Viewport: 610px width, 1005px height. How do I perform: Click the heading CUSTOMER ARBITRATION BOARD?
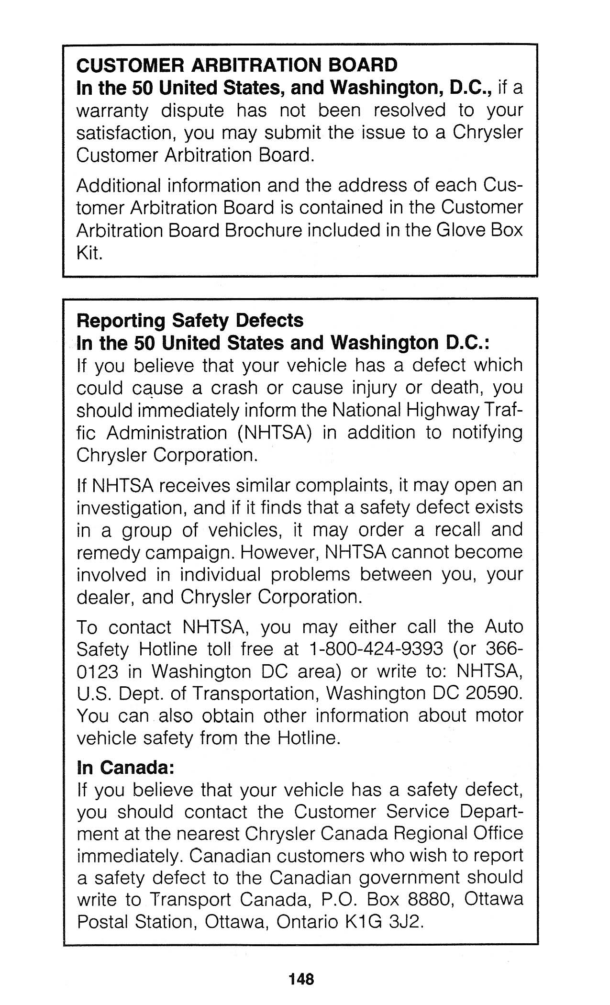click(237, 65)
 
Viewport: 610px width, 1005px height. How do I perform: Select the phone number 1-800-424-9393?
click(376, 649)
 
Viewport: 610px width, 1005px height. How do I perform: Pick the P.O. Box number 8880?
click(429, 900)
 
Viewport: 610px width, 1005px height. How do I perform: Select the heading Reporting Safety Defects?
click(190, 320)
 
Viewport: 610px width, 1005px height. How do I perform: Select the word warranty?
click(112, 111)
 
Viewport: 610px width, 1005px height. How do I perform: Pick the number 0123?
click(97, 671)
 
